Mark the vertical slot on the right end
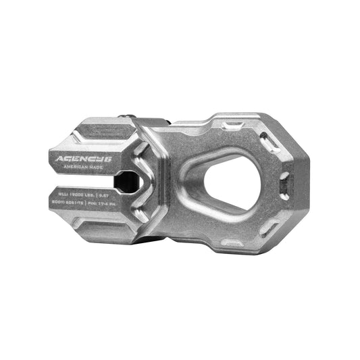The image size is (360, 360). pyautogui.click(x=285, y=179)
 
